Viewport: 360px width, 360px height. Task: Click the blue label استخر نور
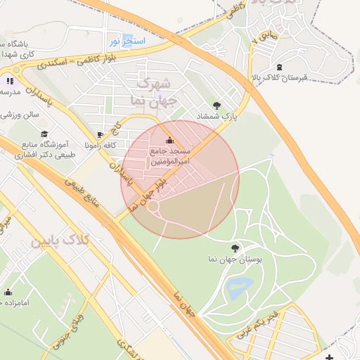click(127, 41)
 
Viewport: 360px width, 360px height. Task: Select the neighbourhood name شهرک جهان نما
click(151, 92)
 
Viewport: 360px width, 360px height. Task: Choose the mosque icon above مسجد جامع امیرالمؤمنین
click(169, 139)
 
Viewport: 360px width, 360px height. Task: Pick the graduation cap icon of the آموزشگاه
click(44, 133)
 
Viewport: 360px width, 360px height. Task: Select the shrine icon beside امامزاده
click(8, 292)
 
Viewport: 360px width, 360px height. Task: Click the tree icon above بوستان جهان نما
click(234, 247)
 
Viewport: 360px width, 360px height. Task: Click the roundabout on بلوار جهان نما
click(152, 207)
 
